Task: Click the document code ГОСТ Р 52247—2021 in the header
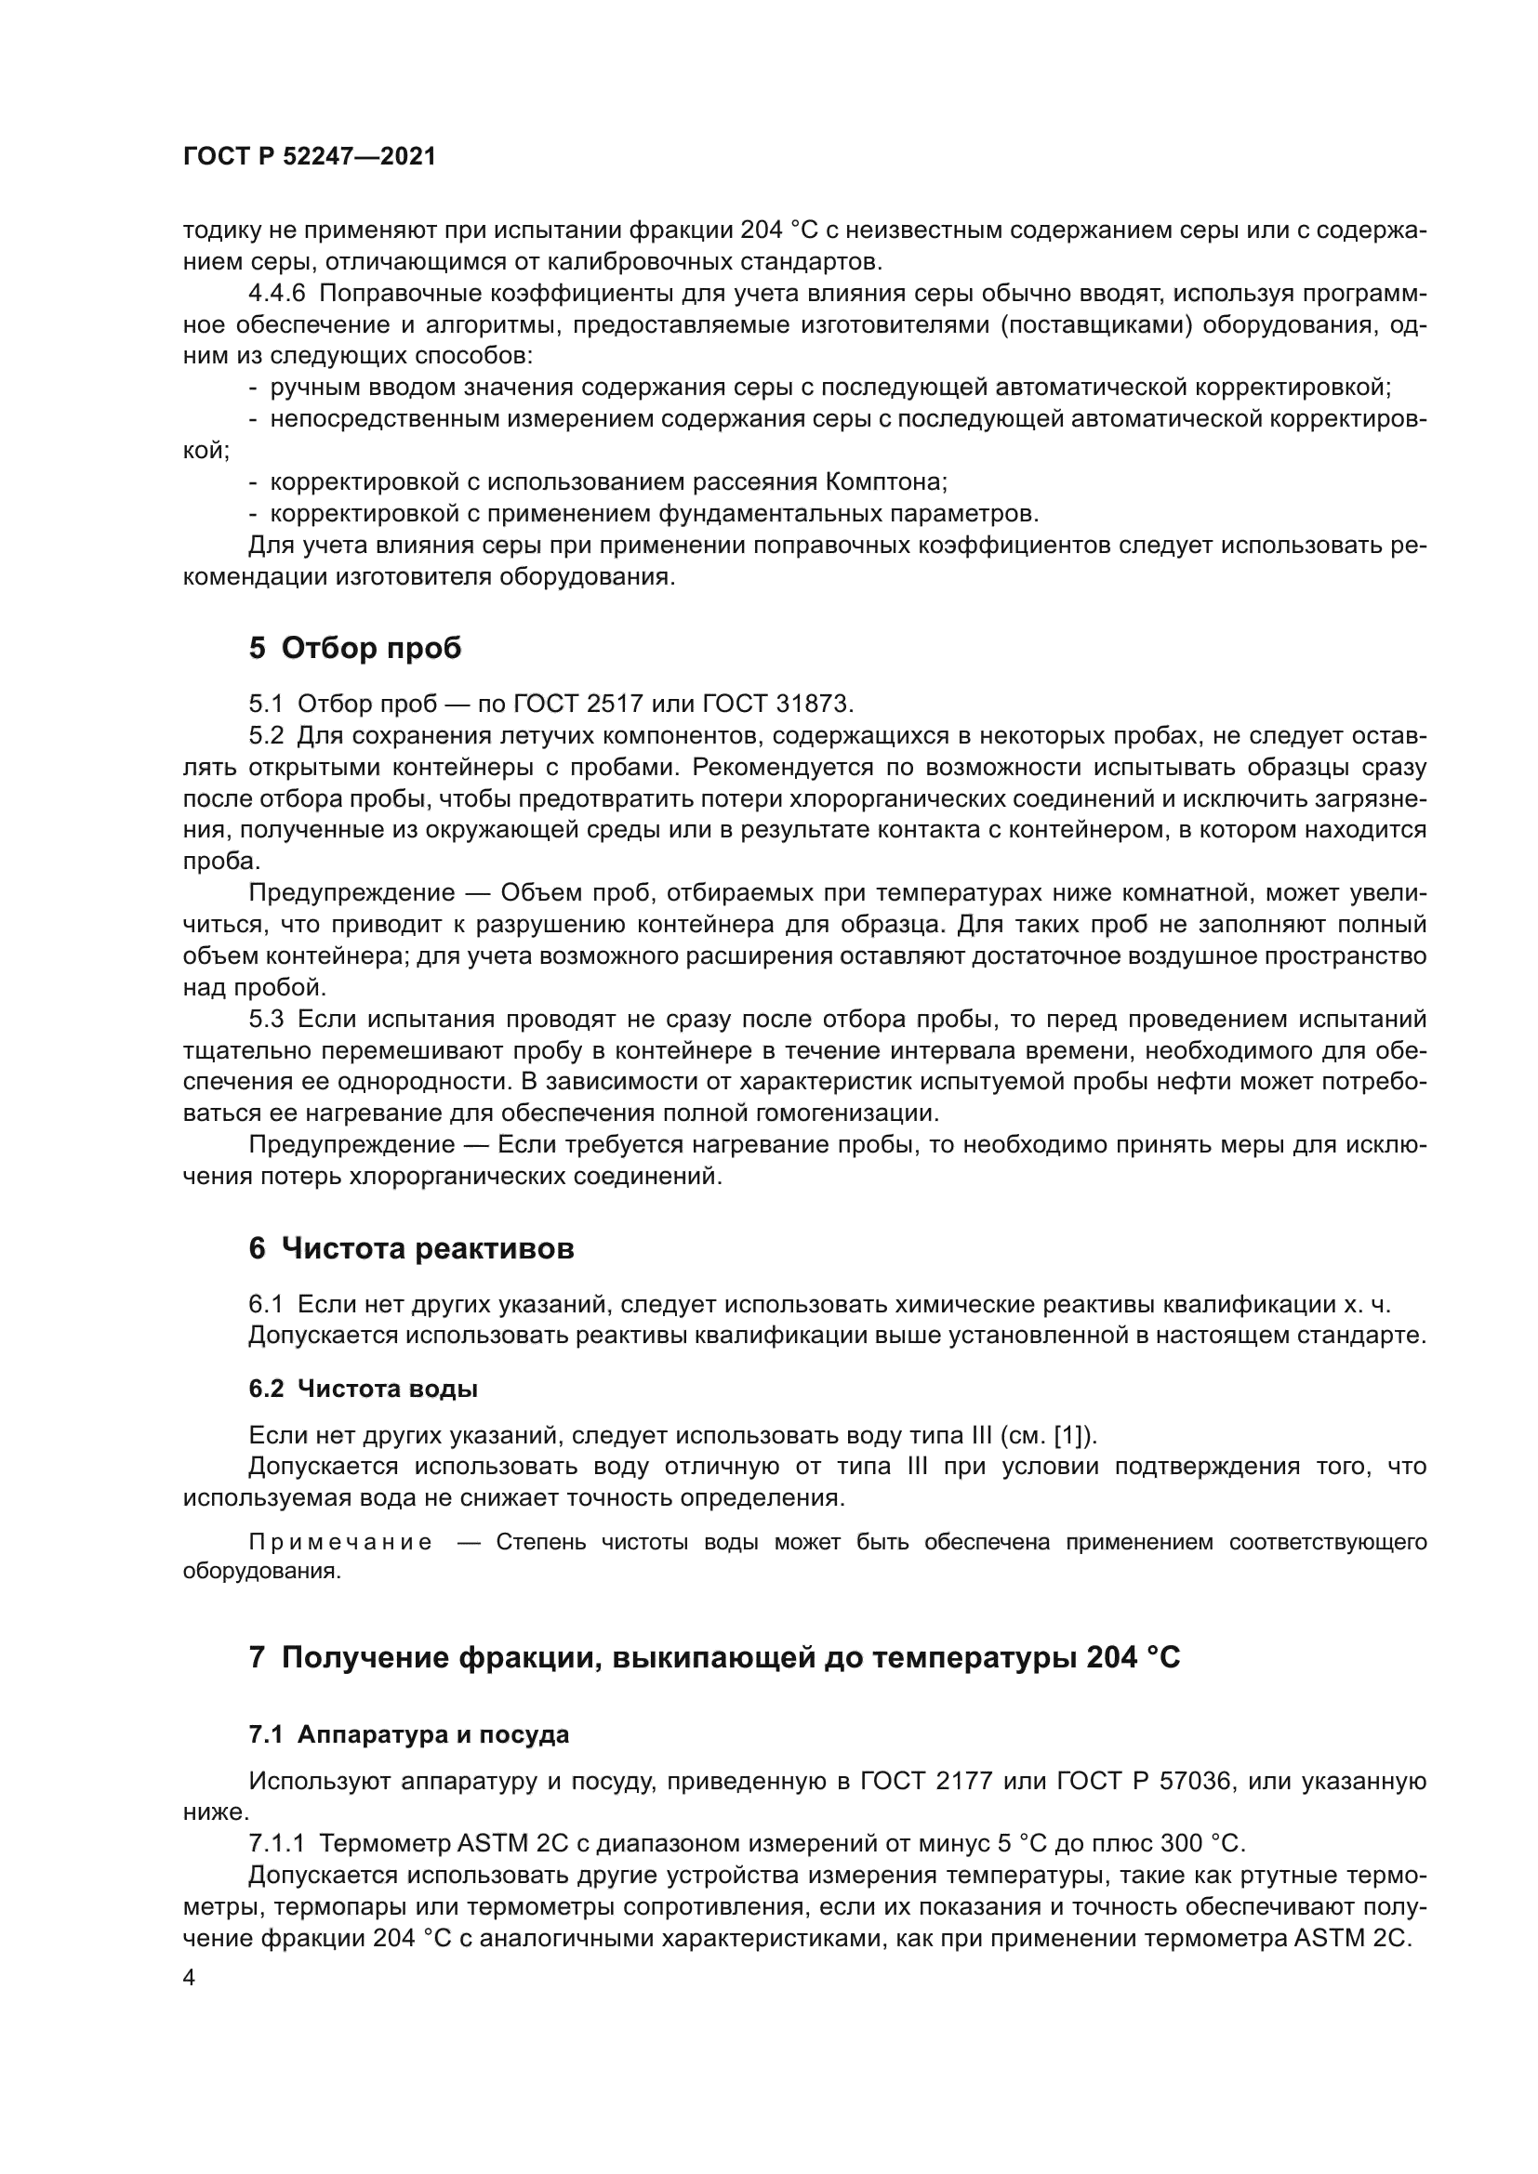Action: tap(310, 157)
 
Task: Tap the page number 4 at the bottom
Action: tap(190, 1978)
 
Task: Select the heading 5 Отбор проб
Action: tap(355, 648)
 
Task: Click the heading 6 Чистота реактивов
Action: tap(411, 1248)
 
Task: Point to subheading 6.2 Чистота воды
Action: tap(363, 1388)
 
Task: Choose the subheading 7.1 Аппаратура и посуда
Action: tap(409, 1734)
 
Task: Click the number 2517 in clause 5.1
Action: tap(614, 704)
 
